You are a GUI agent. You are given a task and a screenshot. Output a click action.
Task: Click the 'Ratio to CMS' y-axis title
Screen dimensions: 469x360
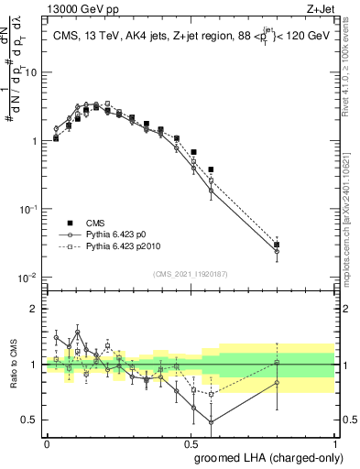[12, 364]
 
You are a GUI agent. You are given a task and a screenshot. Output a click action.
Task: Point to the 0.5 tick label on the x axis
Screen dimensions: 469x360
[191, 442]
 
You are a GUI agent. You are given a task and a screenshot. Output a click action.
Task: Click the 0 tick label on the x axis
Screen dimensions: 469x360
[47, 442]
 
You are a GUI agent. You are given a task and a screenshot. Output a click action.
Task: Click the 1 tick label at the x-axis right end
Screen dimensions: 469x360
[335, 442]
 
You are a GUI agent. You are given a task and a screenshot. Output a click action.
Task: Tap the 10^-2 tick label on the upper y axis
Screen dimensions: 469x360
[29, 278]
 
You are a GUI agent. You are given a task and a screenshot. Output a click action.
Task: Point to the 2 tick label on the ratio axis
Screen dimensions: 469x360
[35, 309]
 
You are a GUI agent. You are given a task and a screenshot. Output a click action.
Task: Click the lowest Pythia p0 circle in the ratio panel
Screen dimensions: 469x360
[212, 422]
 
